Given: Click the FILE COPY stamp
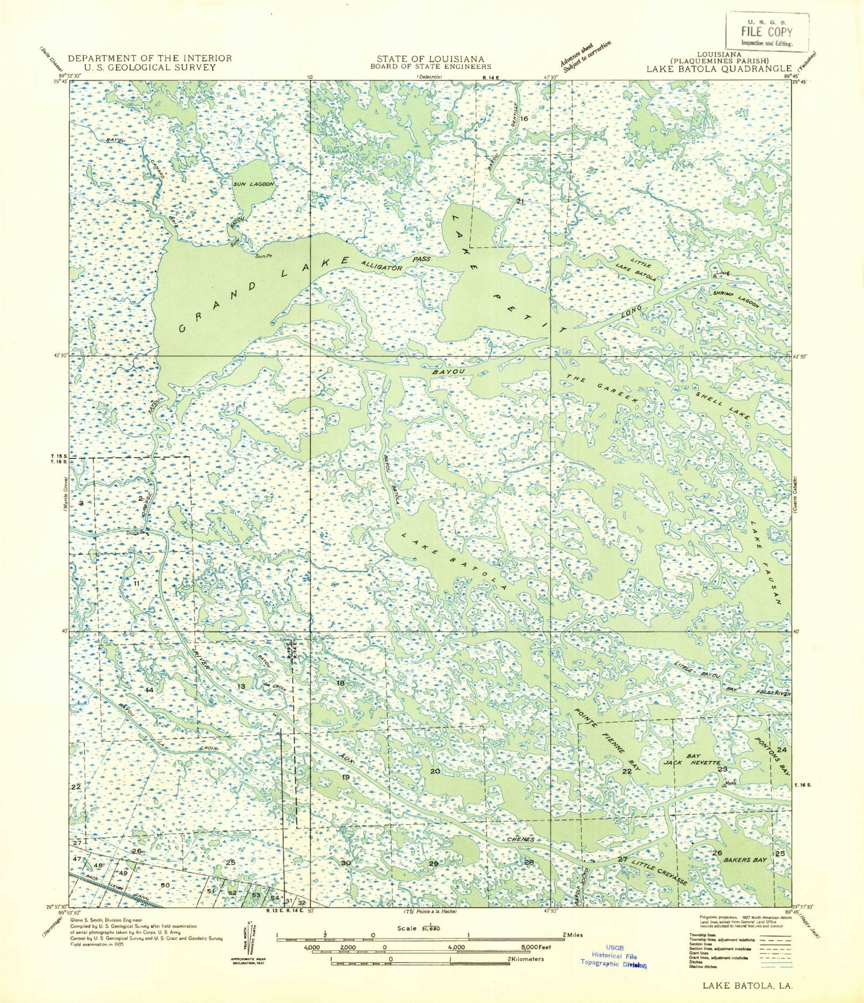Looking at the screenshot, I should (x=767, y=32).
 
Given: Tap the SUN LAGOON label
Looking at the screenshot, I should (x=253, y=184).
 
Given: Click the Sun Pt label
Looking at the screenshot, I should (x=262, y=257).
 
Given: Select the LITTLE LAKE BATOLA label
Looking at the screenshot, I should (x=636, y=269).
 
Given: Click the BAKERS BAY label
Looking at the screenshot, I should (x=745, y=860).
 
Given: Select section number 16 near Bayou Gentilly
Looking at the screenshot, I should (x=524, y=119).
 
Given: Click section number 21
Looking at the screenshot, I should (x=520, y=202).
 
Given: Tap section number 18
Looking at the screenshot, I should (x=340, y=683).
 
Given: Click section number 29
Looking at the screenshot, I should (x=433, y=864).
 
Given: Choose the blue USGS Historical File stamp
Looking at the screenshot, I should (x=613, y=956).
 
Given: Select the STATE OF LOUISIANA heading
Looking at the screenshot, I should (x=430, y=59).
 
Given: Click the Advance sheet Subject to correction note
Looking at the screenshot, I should (x=586, y=56).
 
